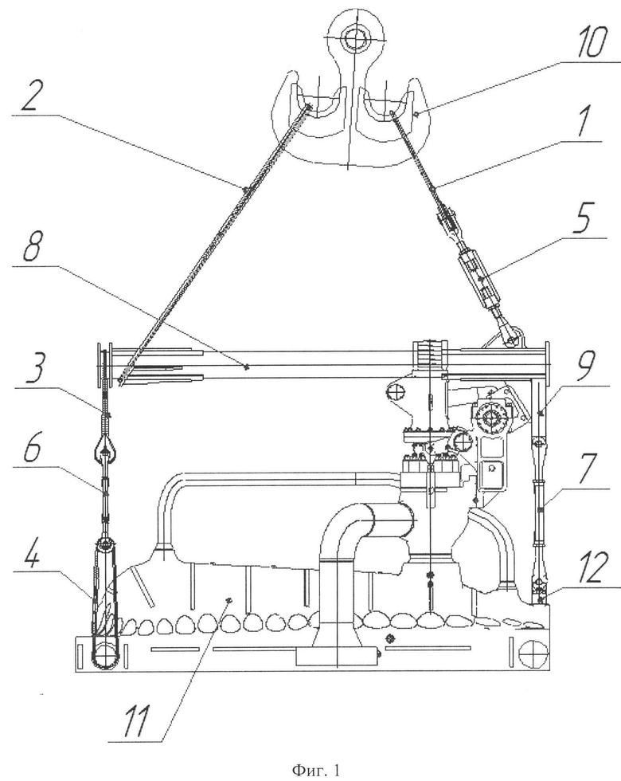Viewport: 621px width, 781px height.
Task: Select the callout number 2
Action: [31, 95]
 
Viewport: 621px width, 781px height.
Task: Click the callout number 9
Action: [588, 365]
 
